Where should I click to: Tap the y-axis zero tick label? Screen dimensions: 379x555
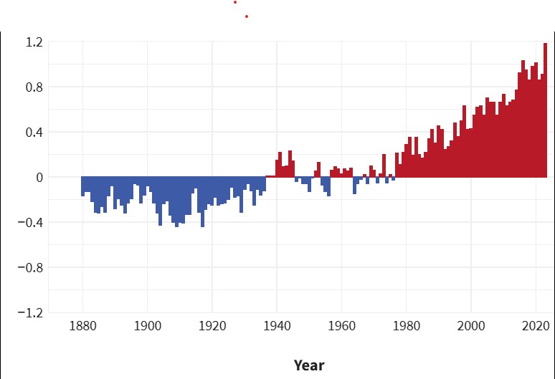(40, 178)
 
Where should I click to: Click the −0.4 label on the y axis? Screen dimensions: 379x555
(32, 223)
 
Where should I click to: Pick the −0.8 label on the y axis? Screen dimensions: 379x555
(32, 268)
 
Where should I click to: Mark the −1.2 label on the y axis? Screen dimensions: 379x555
(32, 313)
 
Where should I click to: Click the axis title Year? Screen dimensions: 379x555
(309, 365)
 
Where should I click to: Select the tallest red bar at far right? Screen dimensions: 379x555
(545, 107)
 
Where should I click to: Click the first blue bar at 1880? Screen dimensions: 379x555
(82, 186)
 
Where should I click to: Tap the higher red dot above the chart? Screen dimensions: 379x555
(234, 2)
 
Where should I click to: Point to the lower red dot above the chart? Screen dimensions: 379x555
(246, 16)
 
